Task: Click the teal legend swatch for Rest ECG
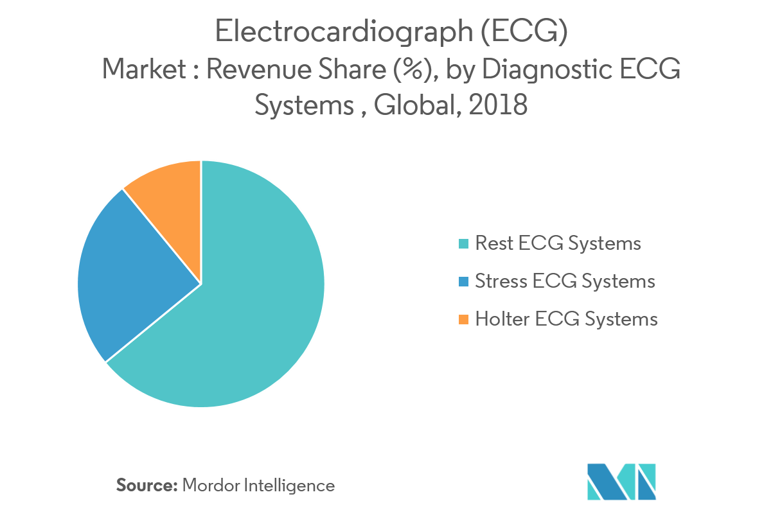click(464, 244)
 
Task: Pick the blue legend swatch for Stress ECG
click(464, 281)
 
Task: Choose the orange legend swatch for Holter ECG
click(464, 319)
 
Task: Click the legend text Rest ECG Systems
click(558, 243)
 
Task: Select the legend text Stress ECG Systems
click(565, 281)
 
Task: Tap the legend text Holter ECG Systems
click(566, 319)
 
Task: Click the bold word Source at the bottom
click(147, 486)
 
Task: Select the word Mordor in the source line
click(209, 486)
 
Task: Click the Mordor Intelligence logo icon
click(621, 481)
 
